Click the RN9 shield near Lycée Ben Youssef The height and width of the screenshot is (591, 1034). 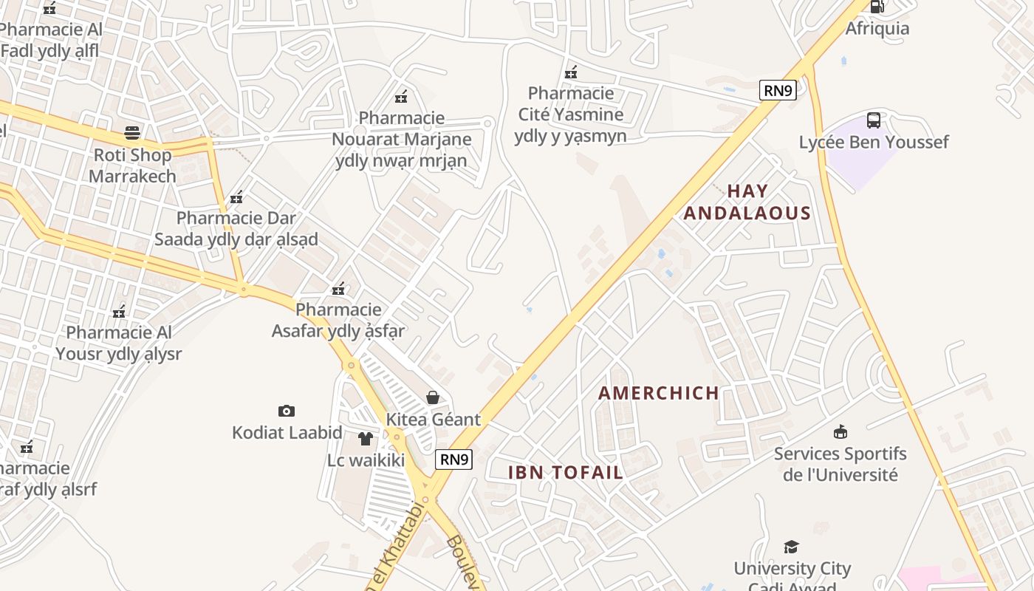pyautogui.click(x=778, y=91)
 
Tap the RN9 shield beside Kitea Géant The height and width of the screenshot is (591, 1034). pyautogui.click(x=453, y=460)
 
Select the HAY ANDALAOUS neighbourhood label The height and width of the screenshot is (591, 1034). pyautogui.click(x=747, y=202)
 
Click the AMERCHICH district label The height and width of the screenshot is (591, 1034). pyautogui.click(x=659, y=393)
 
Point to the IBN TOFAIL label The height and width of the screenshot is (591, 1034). pyautogui.click(x=566, y=473)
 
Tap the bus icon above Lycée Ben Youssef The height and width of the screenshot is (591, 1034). pyautogui.click(x=874, y=120)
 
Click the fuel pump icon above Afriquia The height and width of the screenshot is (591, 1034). pyautogui.click(x=877, y=7)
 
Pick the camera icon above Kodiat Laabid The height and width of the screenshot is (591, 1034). pyautogui.click(x=287, y=411)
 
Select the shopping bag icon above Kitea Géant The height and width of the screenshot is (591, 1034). pyautogui.click(x=433, y=398)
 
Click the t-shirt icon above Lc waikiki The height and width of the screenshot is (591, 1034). pyautogui.click(x=366, y=439)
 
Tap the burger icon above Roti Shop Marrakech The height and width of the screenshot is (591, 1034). pyautogui.click(x=132, y=133)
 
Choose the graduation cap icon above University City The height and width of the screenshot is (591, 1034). pyautogui.click(x=792, y=547)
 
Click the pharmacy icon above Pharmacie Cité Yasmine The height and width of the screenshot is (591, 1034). pyautogui.click(x=571, y=72)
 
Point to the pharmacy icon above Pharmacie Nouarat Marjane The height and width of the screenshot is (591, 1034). pyautogui.click(x=402, y=96)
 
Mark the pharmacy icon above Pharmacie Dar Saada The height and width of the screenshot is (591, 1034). pyautogui.click(x=236, y=197)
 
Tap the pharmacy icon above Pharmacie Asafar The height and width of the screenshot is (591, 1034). pyautogui.click(x=339, y=288)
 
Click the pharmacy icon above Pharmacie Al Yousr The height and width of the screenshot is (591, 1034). pyautogui.click(x=119, y=312)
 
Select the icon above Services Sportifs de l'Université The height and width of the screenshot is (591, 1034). pyautogui.click(x=840, y=431)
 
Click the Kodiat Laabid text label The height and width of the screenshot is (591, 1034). pyautogui.click(x=287, y=433)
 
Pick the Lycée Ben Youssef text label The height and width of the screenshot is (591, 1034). pyautogui.click(x=874, y=142)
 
